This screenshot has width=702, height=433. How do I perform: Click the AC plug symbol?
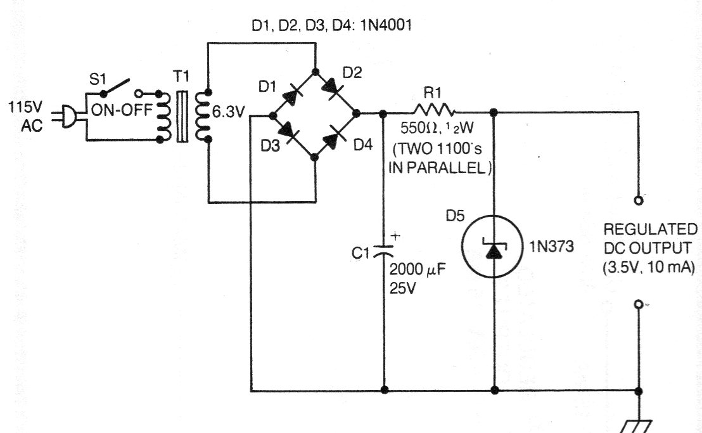[x=68, y=116]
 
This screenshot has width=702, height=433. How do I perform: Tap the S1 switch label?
[x=97, y=80]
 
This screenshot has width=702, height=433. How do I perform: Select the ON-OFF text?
[x=122, y=110]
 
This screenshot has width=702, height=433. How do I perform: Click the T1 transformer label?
[x=181, y=76]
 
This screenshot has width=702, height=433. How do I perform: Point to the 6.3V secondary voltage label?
[x=228, y=112]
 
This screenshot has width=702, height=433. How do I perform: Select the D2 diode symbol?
[x=333, y=86]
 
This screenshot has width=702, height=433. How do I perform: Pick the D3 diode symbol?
[x=289, y=131]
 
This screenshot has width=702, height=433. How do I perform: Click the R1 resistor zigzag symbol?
[x=434, y=110]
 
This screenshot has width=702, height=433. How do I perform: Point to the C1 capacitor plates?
[x=383, y=250]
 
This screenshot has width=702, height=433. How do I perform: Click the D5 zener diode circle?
[x=492, y=247]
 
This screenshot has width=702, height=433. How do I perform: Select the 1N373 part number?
[x=551, y=246]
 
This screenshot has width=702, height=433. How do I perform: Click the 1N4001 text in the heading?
[x=385, y=25]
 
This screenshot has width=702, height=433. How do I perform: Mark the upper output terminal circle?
[x=639, y=200]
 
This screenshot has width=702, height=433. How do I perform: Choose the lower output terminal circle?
[x=639, y=304]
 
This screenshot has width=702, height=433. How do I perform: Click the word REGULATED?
[x=650, y=229]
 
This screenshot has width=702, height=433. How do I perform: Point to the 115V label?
[x=25, y=108]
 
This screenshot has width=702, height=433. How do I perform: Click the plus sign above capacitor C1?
[x=395, y=236]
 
